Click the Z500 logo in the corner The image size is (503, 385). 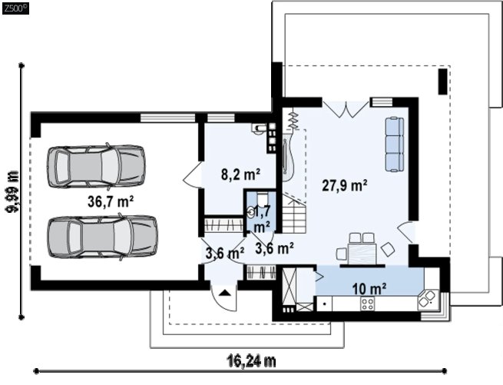15,8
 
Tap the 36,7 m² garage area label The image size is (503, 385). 111,201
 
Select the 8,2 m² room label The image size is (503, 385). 240,174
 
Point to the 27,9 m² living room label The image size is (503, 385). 345,186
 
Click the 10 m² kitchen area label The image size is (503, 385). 369,289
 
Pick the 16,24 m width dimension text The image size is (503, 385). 252,361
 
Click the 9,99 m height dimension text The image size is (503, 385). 13,191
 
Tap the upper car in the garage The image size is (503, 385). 95,166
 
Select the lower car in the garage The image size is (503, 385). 103,237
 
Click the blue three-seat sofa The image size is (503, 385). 394,144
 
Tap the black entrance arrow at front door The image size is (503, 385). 224,293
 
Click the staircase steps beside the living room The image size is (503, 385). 294,213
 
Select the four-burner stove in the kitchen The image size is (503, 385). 367,304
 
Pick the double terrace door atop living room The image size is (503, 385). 346,109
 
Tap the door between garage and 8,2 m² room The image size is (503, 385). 193,174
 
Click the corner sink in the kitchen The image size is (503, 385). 428,300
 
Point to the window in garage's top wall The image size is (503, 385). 167,118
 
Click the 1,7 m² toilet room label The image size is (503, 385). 263,218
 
